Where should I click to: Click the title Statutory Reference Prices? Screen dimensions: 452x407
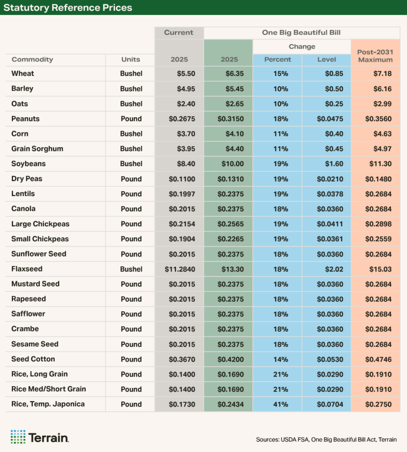(68, 8)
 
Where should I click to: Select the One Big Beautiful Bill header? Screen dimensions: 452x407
(302, 33)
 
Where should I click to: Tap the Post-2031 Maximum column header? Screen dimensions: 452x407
(375, 56)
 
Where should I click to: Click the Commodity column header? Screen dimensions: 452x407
(32, 60)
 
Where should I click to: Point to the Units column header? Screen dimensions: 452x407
(130, 60)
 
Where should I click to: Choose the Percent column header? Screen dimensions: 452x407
(278, 60)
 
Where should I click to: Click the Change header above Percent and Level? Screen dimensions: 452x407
(302, 47)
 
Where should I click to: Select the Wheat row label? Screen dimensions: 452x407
(23, 74)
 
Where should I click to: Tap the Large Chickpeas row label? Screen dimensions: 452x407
(40, 224)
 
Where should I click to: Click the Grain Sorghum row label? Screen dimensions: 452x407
(37, 149)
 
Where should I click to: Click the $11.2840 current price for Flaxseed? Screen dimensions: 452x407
(180, 269)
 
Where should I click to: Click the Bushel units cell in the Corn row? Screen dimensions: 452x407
(131, 134)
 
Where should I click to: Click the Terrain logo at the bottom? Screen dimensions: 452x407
(39, 437)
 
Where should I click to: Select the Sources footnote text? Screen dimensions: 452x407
(326, 440)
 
